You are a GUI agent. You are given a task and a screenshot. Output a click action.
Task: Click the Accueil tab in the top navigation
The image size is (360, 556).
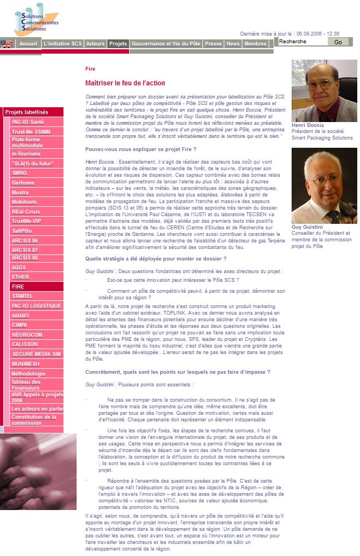click(x=28, y=44)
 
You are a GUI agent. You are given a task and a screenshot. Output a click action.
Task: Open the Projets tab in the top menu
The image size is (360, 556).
click(x=118, y=44)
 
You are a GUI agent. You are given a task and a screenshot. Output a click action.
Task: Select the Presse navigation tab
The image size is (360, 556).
click(x=213, y=44)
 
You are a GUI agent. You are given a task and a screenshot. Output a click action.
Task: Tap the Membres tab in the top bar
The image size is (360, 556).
click(x=256, y=44)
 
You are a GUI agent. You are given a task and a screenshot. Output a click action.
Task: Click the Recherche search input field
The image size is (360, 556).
click(x=303, y=42)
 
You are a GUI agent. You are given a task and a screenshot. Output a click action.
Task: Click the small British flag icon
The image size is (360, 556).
click(x=7, y=44)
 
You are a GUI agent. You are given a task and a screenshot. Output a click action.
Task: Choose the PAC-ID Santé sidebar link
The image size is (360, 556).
click(x=28, y=122)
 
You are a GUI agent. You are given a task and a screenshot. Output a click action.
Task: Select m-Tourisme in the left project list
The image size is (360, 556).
click(x=26, y=154)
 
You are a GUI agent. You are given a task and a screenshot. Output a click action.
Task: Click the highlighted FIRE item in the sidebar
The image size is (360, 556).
click(x=18, y=286)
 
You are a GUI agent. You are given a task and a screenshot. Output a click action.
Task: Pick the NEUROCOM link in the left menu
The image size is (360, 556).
click(x=27, y=334)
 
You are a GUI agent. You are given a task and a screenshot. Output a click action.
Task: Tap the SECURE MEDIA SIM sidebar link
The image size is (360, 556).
click(x=36, y=354)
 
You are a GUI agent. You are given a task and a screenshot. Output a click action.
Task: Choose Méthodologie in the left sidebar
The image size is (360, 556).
click(x=28, y=374)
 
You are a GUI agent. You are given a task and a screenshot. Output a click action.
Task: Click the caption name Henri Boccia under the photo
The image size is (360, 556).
click(x=307, y=125)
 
